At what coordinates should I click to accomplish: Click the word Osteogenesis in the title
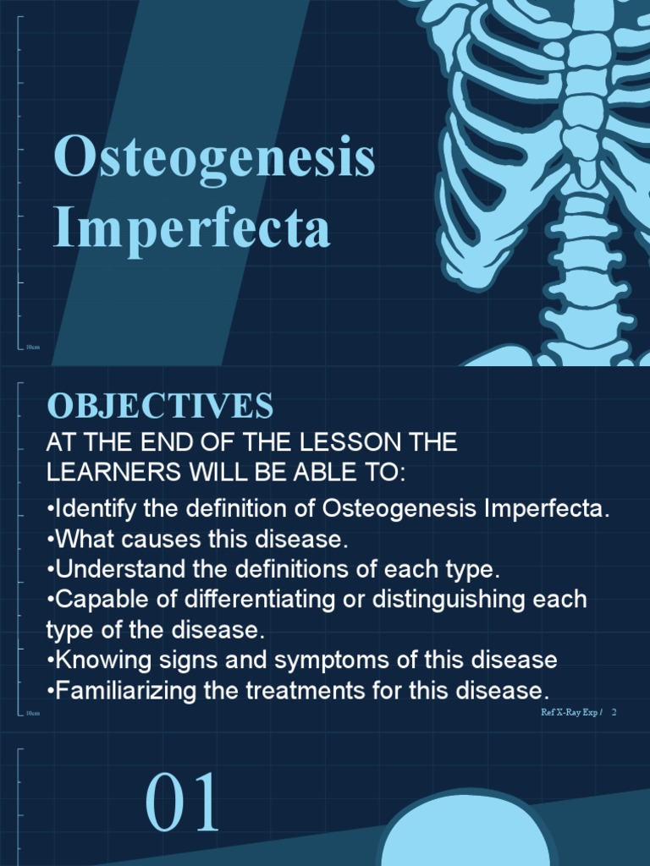(x=214, y=158)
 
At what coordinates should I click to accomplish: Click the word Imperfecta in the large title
(x=191, y=228)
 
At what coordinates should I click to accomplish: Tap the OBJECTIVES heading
(x=160, y=407)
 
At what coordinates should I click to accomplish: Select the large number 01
(x=183, y=803)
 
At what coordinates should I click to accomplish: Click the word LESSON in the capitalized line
(x=337, y=442)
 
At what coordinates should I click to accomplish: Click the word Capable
(x=90, y=600)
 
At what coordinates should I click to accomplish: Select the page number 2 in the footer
(x=614, y=712)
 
